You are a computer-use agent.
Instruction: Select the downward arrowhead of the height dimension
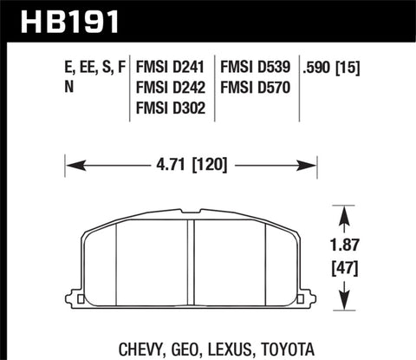click(x=346, y=305)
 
